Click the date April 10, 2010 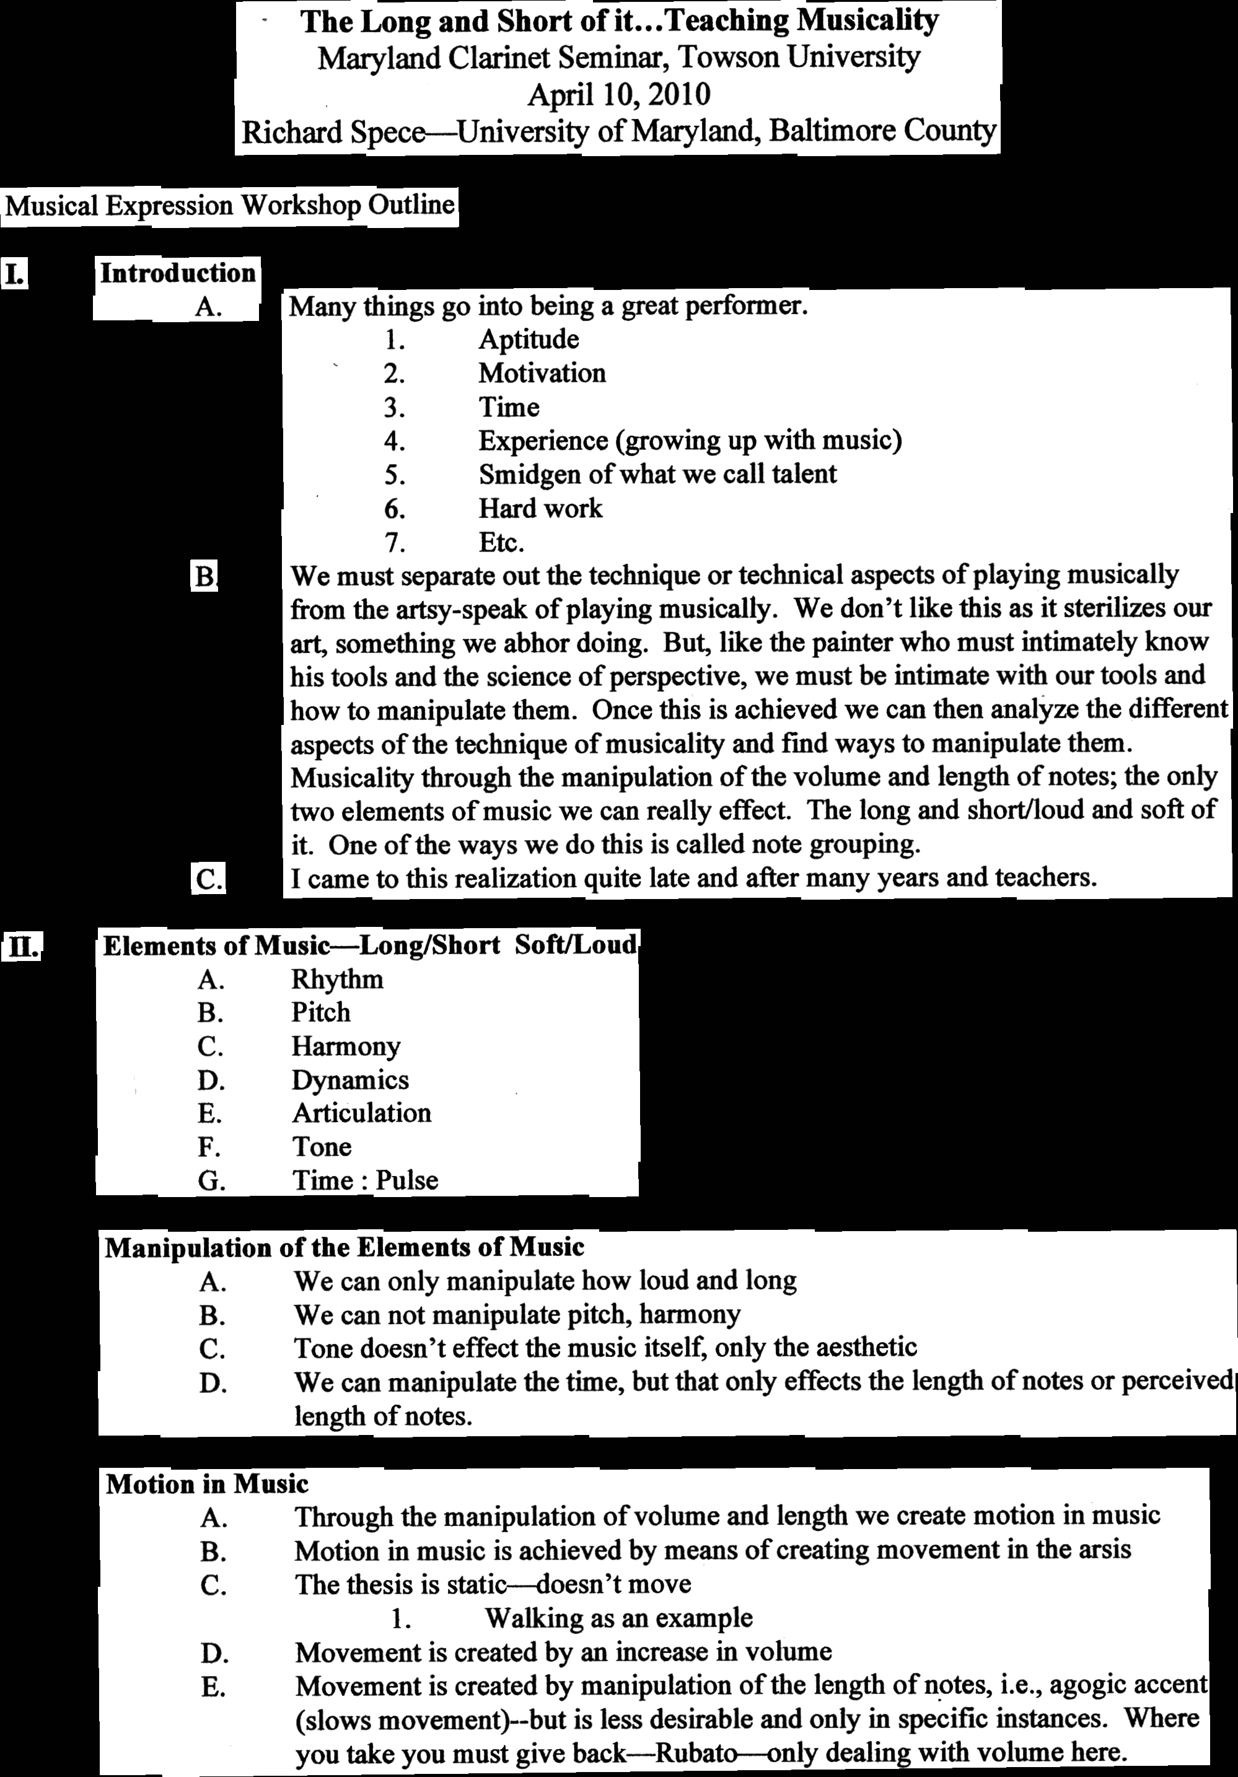618,94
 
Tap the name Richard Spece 333,133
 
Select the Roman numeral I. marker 15,274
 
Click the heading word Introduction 178,273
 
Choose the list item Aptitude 529,339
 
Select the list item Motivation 542,373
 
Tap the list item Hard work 540,509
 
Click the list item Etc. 501,543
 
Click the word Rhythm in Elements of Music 337,980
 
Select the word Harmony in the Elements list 346,1046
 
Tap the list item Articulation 361,1113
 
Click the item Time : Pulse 365,1180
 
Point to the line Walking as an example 618,1618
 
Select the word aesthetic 861,1348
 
